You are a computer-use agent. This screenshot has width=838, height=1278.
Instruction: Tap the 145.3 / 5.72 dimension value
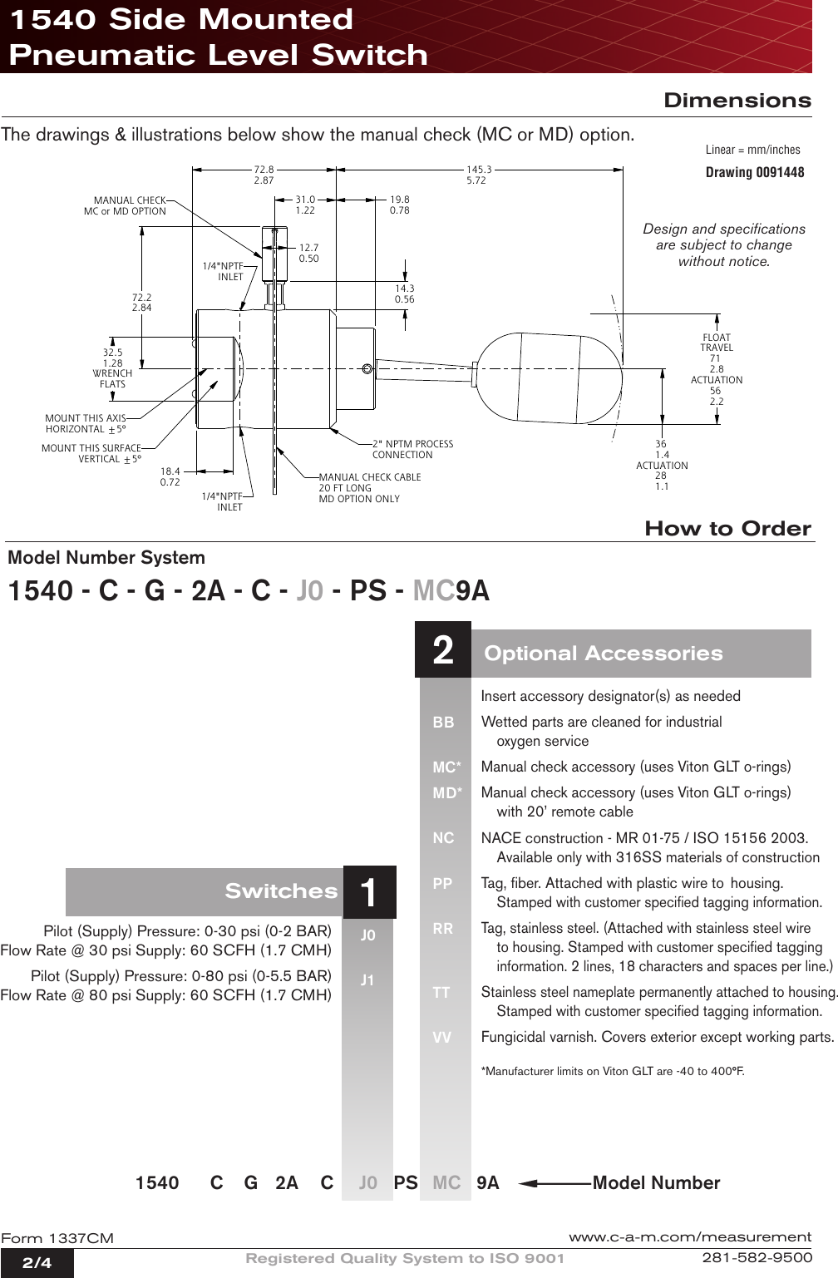[x=478, y=175]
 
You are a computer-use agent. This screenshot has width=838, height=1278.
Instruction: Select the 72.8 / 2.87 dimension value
[x=264, y=175]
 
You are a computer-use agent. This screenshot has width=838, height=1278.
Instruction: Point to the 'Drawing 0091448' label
[x=754, y=172]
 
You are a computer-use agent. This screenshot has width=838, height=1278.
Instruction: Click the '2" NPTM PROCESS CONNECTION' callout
[x=412, y=449]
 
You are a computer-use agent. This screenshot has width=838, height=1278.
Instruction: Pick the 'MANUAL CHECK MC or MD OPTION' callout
[x=126, y=205]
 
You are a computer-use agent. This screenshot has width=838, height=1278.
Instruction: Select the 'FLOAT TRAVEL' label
[x=717, y=343]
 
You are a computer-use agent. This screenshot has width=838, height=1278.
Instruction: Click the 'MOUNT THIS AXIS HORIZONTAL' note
[x=86, y=424]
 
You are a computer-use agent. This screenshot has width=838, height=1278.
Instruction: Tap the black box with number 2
[x=443, y=649]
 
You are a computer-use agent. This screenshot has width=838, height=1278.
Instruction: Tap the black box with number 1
[x=369, y=892]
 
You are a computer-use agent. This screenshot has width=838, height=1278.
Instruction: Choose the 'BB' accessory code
[x=443, y=723]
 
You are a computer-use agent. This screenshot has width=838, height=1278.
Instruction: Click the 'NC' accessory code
[x=443, y=838]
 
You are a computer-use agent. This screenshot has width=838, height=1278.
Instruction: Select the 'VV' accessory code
[x=441, y=1038]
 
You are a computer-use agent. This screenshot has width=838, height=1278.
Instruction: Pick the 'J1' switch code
[x=367, y=980]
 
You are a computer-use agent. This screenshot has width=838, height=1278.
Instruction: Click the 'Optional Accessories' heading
[x=603, y=654]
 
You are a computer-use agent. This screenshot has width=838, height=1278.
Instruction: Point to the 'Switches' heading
[x=281, y=891]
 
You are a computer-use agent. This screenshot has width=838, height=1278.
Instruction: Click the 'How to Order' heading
[x=727, y=529]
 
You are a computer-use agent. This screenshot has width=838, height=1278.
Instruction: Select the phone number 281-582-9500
[x=757, y=1257]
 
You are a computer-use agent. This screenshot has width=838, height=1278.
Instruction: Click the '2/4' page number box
[x=37, y=1263]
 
